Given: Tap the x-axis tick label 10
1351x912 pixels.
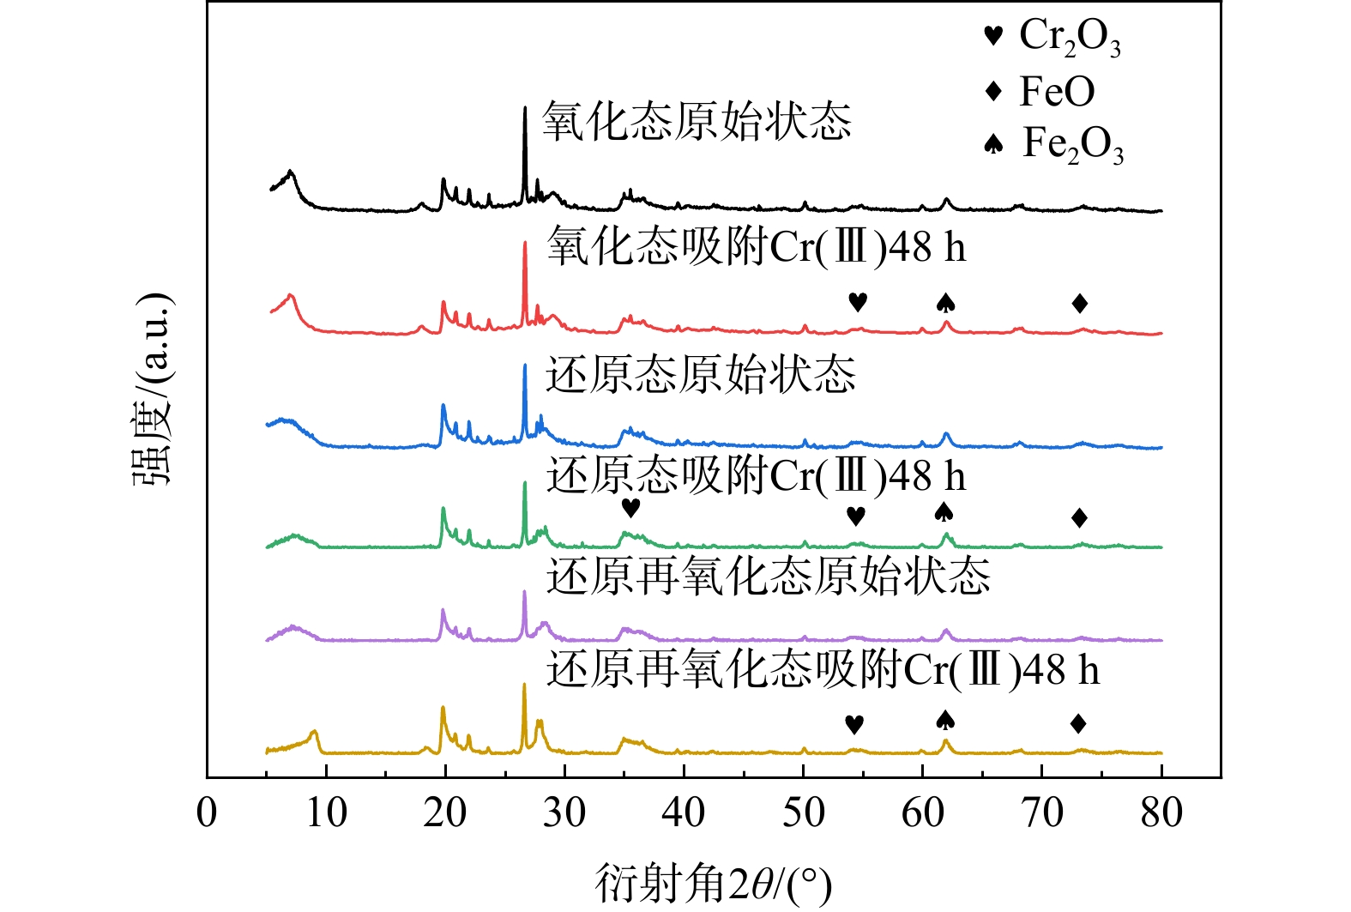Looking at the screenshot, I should (326, 812).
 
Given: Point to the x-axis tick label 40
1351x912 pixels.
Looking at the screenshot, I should (684, 812).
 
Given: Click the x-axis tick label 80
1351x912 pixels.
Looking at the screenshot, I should (1161, 812).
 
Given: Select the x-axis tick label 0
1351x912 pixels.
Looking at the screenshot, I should (207, 812).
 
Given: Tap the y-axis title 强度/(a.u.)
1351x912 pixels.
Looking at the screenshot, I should (154, 390).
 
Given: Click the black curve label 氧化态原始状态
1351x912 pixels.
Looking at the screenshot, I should (697, 120).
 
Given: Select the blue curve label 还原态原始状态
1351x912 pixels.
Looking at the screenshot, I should (701, 374).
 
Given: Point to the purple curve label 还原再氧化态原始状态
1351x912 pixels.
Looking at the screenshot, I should (768, 576).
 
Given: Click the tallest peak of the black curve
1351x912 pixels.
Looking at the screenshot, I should (524, 109).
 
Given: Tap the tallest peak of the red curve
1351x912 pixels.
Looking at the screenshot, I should (524, 244).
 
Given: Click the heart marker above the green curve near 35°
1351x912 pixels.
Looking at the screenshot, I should (630, 508).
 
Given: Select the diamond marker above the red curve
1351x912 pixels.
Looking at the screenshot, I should (1080, 303).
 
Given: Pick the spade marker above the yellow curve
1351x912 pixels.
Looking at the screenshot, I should (945, 720).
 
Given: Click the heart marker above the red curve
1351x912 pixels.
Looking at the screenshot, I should (858, 302).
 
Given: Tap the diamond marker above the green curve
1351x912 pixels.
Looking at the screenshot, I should (1080, 517).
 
